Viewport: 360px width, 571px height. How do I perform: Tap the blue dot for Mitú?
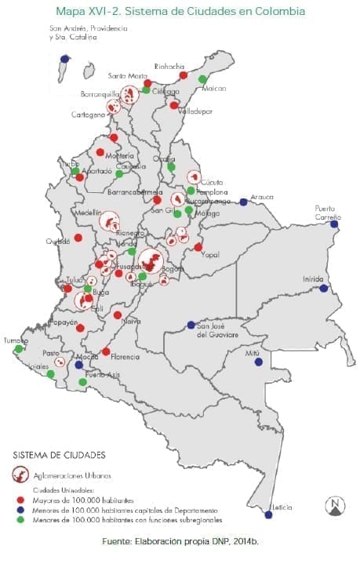[x=258, y=362]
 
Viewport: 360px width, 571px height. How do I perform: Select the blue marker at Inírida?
[x=323, y=289]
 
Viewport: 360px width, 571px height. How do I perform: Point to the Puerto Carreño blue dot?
[x=334, y=224]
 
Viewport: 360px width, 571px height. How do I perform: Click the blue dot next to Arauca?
[x=243, y=202]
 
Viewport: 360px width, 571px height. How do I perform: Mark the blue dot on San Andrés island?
[x=64, y=58]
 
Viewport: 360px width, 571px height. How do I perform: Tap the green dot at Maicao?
[x=202, y=79]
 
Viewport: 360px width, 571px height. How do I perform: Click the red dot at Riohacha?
[x=183, y=75]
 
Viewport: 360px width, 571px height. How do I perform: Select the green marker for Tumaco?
[x=18, y=349]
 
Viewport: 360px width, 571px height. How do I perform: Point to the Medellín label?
[x=89, y=213]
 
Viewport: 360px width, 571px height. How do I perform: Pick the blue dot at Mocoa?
[x=78, y=365]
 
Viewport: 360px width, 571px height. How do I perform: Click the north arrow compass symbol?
[x=335, y=507]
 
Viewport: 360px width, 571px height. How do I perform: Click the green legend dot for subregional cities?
[x=19, y=519]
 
